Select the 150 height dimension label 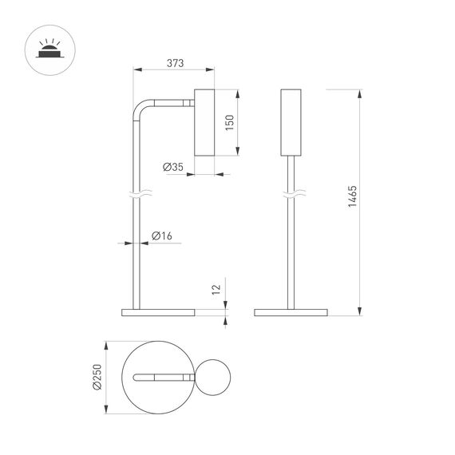229,122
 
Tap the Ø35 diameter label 173,168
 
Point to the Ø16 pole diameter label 162,235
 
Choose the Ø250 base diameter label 97,378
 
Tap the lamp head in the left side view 204,121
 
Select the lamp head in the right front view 293,121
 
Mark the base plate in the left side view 157,312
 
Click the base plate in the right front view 291,312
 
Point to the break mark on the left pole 133,193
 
